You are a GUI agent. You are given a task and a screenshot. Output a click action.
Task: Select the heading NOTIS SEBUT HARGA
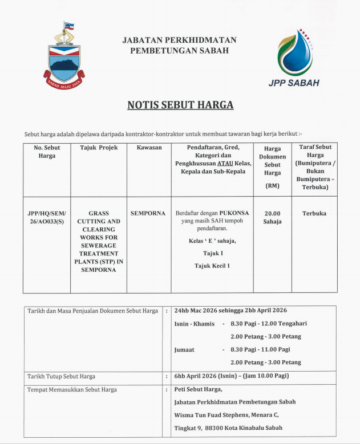point(180,105)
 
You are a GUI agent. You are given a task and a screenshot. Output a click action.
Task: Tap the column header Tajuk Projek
point(100,148)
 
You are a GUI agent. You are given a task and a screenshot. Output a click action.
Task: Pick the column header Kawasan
point(149,148)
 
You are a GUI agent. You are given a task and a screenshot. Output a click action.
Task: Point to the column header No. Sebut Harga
point(47,152)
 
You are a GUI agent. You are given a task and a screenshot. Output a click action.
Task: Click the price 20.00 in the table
point(272,213)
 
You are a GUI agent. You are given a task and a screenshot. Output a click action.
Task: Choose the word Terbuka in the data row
point(314,213)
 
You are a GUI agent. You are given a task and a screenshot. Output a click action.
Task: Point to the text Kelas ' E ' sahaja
point(212,241)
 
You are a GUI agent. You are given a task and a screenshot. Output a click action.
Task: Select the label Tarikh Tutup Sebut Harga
point(61,376)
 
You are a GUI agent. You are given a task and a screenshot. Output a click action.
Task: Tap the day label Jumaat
point(184,349)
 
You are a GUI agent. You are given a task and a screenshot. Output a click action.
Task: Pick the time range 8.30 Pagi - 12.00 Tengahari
point(268,323)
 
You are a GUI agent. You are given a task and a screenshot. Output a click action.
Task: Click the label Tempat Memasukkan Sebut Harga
point(72,390)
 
